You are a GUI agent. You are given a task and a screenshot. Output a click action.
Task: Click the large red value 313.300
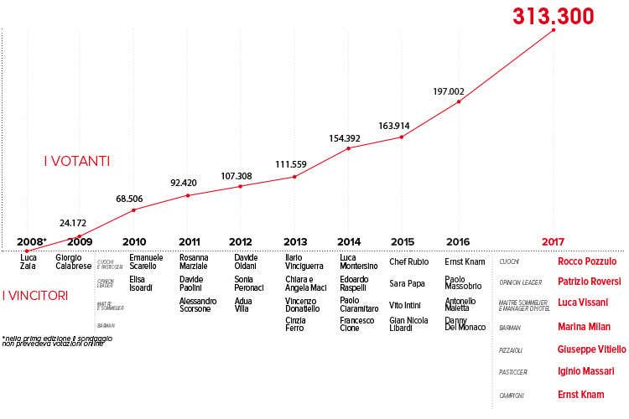553,16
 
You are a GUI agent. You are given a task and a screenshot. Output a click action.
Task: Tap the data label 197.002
449,91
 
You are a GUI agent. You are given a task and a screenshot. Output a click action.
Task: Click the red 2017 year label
554,241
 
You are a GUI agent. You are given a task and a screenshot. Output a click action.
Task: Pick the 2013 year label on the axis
294,241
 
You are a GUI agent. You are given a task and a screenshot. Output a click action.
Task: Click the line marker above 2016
459,102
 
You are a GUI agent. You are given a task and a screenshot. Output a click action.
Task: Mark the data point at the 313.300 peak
554,30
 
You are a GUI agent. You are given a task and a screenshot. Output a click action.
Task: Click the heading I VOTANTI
77,160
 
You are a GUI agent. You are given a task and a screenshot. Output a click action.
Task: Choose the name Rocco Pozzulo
586,261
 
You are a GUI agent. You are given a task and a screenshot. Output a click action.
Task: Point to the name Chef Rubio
409,261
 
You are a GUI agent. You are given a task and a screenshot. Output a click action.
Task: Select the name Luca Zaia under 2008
29,262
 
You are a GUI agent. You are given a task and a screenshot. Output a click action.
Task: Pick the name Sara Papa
408,283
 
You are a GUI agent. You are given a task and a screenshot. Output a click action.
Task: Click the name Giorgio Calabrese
73,262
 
